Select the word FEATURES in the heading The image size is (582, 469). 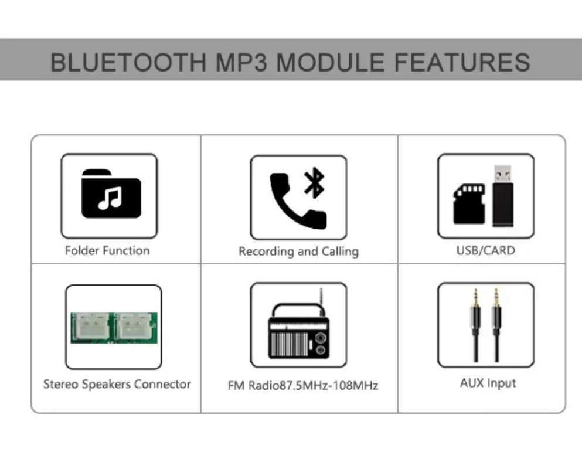click(462, 62)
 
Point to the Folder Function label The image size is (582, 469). click(107, 251)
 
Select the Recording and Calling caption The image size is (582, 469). click(298, 252)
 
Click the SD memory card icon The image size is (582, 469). click(469, 203)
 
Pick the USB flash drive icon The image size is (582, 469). click(502, 196)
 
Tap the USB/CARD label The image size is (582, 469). click(485, 251)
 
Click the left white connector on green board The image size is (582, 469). click(92, 325)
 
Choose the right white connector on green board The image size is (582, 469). click(133, 325)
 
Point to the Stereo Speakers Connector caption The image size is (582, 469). click(117, 385)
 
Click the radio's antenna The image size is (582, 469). click(321, 297)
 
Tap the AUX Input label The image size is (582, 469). click(488, 383)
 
